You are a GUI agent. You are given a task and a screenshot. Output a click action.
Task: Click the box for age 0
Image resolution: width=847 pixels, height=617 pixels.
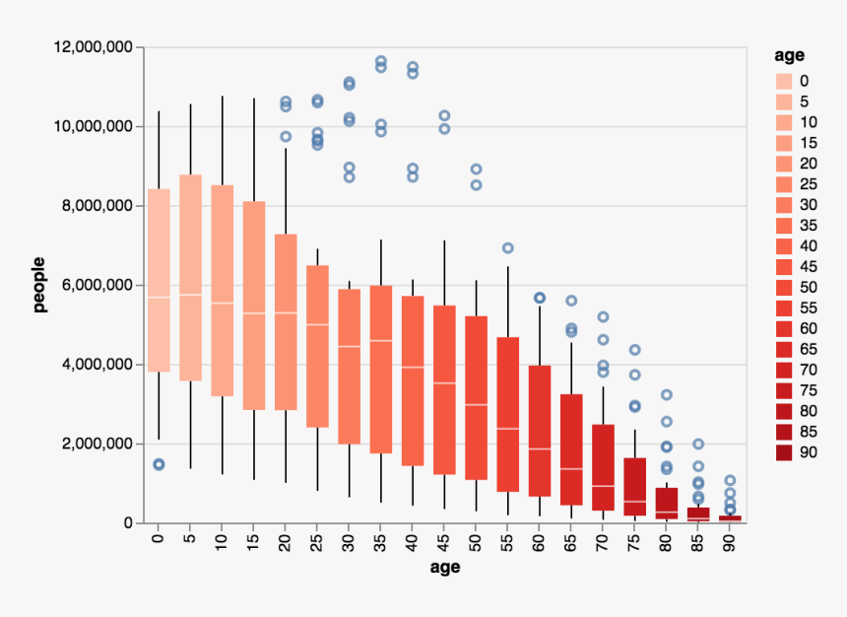[x=159, y=281]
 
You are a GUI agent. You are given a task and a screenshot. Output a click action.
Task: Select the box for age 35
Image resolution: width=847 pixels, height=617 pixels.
[x=381, y=370]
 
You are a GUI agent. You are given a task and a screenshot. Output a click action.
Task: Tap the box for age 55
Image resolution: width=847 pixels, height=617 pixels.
[x=508, y=414]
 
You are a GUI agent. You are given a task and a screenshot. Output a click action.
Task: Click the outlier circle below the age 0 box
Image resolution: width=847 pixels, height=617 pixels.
[x=158, y=464]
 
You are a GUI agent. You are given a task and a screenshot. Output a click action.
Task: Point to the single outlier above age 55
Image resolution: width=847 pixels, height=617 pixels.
[x=508, y=248]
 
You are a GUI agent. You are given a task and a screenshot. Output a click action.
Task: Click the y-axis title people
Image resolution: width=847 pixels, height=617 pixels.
[x=40, y=286]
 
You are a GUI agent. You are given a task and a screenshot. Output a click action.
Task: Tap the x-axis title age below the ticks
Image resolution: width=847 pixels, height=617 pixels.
[x=445, y=569]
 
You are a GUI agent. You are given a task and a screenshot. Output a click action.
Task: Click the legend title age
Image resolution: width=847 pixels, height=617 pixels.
[x=790, y=54]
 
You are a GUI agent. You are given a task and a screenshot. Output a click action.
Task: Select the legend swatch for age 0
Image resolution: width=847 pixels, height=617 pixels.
[x=784, y=80]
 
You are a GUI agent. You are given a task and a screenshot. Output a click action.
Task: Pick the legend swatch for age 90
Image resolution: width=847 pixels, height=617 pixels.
[x=784, y=452]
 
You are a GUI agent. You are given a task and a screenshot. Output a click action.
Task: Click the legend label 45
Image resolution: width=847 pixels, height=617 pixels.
[x=808, y=266]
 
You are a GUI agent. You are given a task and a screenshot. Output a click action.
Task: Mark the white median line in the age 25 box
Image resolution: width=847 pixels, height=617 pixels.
[x=317, y=324]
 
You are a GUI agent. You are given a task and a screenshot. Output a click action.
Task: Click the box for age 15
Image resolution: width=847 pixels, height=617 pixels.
[x=254, y=306]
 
